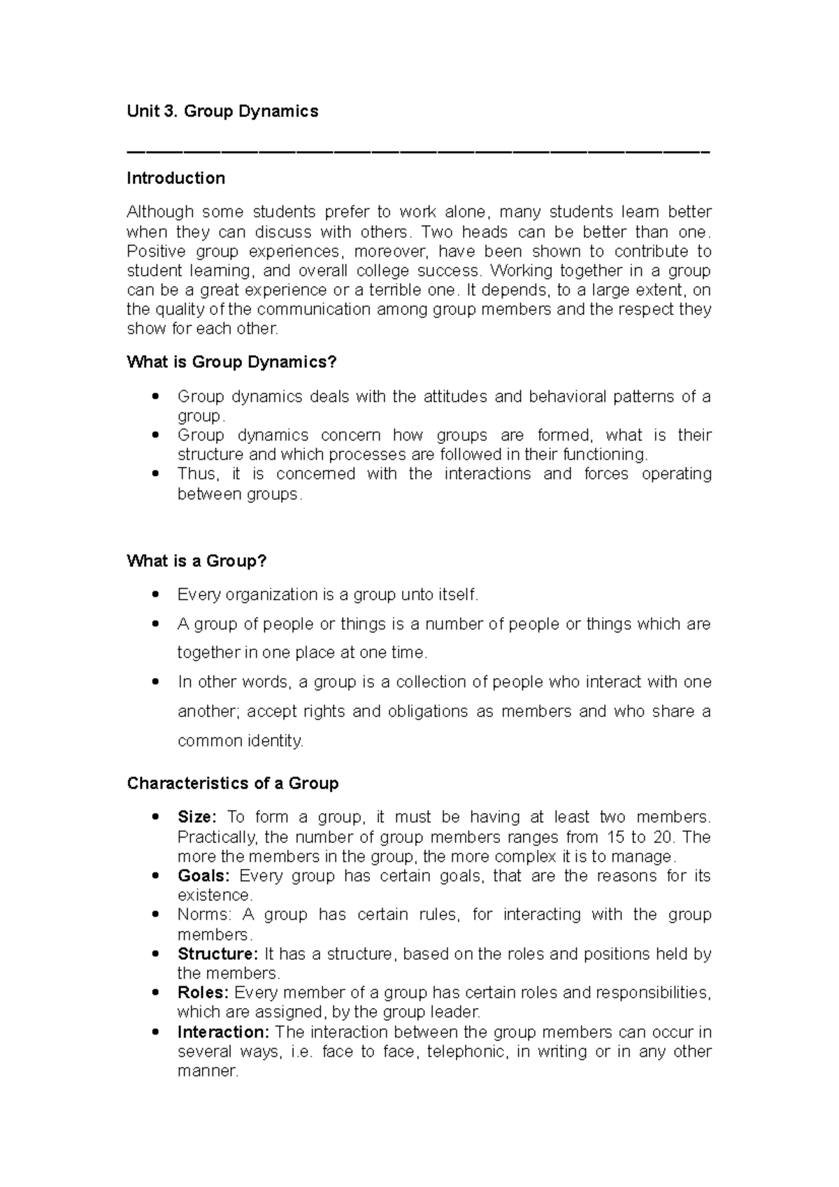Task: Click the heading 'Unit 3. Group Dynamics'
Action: coord(222,111)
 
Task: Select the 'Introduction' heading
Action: coord(175,178)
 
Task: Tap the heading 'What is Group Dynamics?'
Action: coord(231,362)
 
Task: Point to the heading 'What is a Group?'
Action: coord(196,561)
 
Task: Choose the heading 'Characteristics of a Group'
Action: coord(232,783)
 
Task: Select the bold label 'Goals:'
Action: coord(203,876)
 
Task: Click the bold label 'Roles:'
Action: coord(203,993)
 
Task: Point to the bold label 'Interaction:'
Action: coord(223,1032)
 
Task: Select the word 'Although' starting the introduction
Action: coord(160,212)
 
